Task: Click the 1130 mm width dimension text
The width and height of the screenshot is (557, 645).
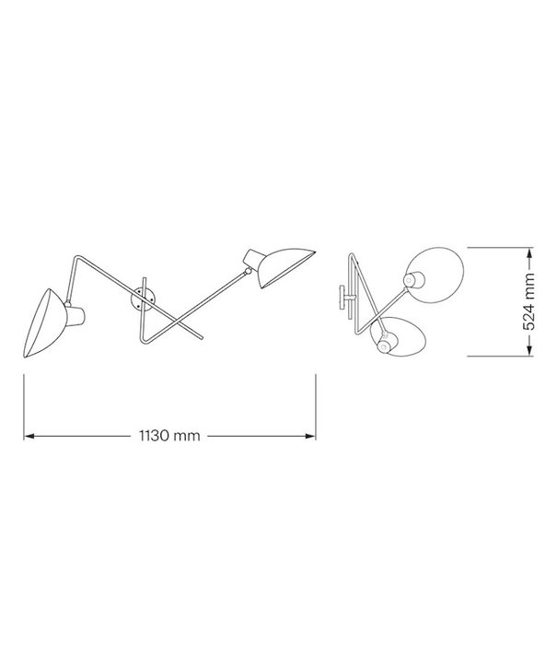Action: [x=170, y=436]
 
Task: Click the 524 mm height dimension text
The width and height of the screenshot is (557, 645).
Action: [x=528, y=301]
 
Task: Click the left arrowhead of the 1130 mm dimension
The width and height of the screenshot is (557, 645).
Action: [x=29, y=436]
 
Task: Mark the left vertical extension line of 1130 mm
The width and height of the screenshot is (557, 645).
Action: [x=24, y=405]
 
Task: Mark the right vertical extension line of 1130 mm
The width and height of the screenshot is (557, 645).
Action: [x=316, y=405]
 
